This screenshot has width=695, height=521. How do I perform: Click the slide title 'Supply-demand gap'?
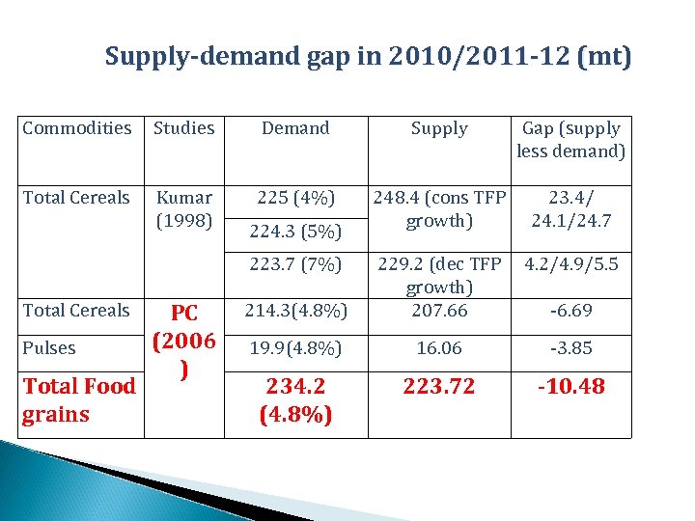pos(368,57)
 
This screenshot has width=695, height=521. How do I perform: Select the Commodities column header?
pos(77,128)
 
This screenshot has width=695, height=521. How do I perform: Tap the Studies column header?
pos(184,128)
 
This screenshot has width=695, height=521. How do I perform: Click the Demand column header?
pos(295,128)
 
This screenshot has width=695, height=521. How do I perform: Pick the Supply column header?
pos(439,128)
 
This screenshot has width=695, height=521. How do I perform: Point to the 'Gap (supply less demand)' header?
pos(570,140)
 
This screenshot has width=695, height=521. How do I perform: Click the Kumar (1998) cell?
pos(184,208)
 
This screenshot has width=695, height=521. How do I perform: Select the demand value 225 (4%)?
pos(295,198)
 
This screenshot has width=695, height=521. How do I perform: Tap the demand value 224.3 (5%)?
pos(295,232)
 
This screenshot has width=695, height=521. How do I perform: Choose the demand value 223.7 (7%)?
pos(295,264)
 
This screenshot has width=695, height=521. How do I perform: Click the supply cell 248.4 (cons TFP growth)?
pos(439,208)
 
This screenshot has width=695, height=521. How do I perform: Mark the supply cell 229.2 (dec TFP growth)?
pos(439,275)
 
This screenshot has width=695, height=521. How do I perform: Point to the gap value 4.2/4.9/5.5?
pos(570,264)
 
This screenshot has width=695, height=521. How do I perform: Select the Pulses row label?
pos(49,348)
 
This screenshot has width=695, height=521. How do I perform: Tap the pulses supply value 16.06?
pos(439,348)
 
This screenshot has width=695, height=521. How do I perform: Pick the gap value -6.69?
pos(570,311)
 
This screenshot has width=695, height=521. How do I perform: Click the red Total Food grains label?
pos(78,400)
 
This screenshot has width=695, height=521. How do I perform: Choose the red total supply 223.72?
pos(439,387)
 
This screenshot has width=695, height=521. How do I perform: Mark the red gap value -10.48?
pos(570,387)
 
